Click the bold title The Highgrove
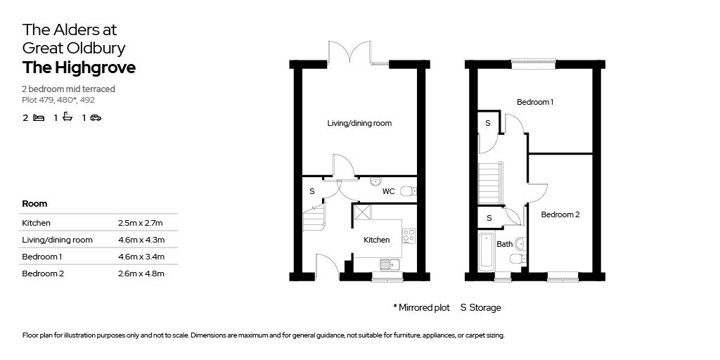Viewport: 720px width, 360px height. tap(79, 68)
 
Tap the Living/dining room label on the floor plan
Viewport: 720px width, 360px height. tap(359, 123)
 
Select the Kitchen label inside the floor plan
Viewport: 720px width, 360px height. tap(376, 240)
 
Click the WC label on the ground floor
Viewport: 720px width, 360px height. tap(388, 191)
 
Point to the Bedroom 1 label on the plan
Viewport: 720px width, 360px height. tap(534, 102)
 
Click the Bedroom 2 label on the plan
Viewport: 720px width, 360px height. tap(560, 214)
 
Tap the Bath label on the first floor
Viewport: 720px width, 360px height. tap(504, 244)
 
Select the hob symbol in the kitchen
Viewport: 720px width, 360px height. tap(409, 236)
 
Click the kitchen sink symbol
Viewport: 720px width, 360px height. tap(388, 264)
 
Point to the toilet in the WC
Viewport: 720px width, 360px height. tap(406, 191)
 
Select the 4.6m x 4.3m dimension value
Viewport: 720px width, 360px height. tap(141, 240)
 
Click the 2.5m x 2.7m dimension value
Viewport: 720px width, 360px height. tap(141, 223)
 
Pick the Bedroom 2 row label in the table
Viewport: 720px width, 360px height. tap(43, 274)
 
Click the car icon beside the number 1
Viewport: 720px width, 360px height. tap(96, 118)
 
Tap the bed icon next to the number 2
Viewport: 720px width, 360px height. tap(39, 118)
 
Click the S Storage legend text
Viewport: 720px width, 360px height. tap(480, 307)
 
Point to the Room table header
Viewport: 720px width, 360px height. tap(34, 203)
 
